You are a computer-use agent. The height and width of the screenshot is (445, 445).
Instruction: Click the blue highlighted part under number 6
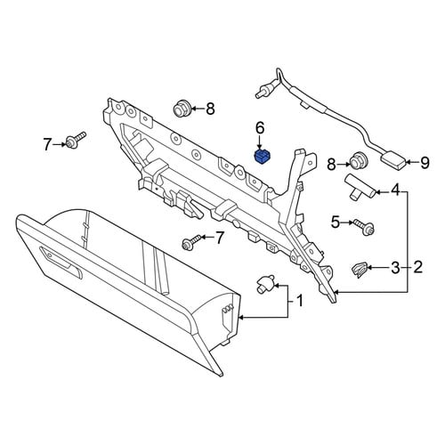[263, 157]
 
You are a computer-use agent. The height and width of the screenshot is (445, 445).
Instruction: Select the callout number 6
[260, 128]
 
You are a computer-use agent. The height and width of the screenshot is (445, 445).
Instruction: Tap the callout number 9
[425, 162]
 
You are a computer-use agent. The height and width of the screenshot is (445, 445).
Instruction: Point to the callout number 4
[395, 190]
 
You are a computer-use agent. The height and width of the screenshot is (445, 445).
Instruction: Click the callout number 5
[336, 222]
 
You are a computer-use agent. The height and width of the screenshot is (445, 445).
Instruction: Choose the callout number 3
[395, 268]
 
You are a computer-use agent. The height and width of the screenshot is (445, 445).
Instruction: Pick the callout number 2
[417, 267]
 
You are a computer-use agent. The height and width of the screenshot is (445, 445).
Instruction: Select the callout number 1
[300, 301]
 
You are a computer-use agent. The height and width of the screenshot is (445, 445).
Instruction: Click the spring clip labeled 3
[360, 270]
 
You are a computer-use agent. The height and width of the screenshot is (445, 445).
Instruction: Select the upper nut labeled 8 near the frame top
[181, 109]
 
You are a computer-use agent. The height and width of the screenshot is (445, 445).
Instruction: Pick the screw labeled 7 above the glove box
[192, 241]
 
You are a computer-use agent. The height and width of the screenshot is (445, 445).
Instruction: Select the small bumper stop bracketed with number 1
[265, 284]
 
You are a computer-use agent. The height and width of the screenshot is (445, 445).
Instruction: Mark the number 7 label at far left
[47, 144]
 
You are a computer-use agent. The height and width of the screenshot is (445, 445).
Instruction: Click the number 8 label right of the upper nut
[210, 109]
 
